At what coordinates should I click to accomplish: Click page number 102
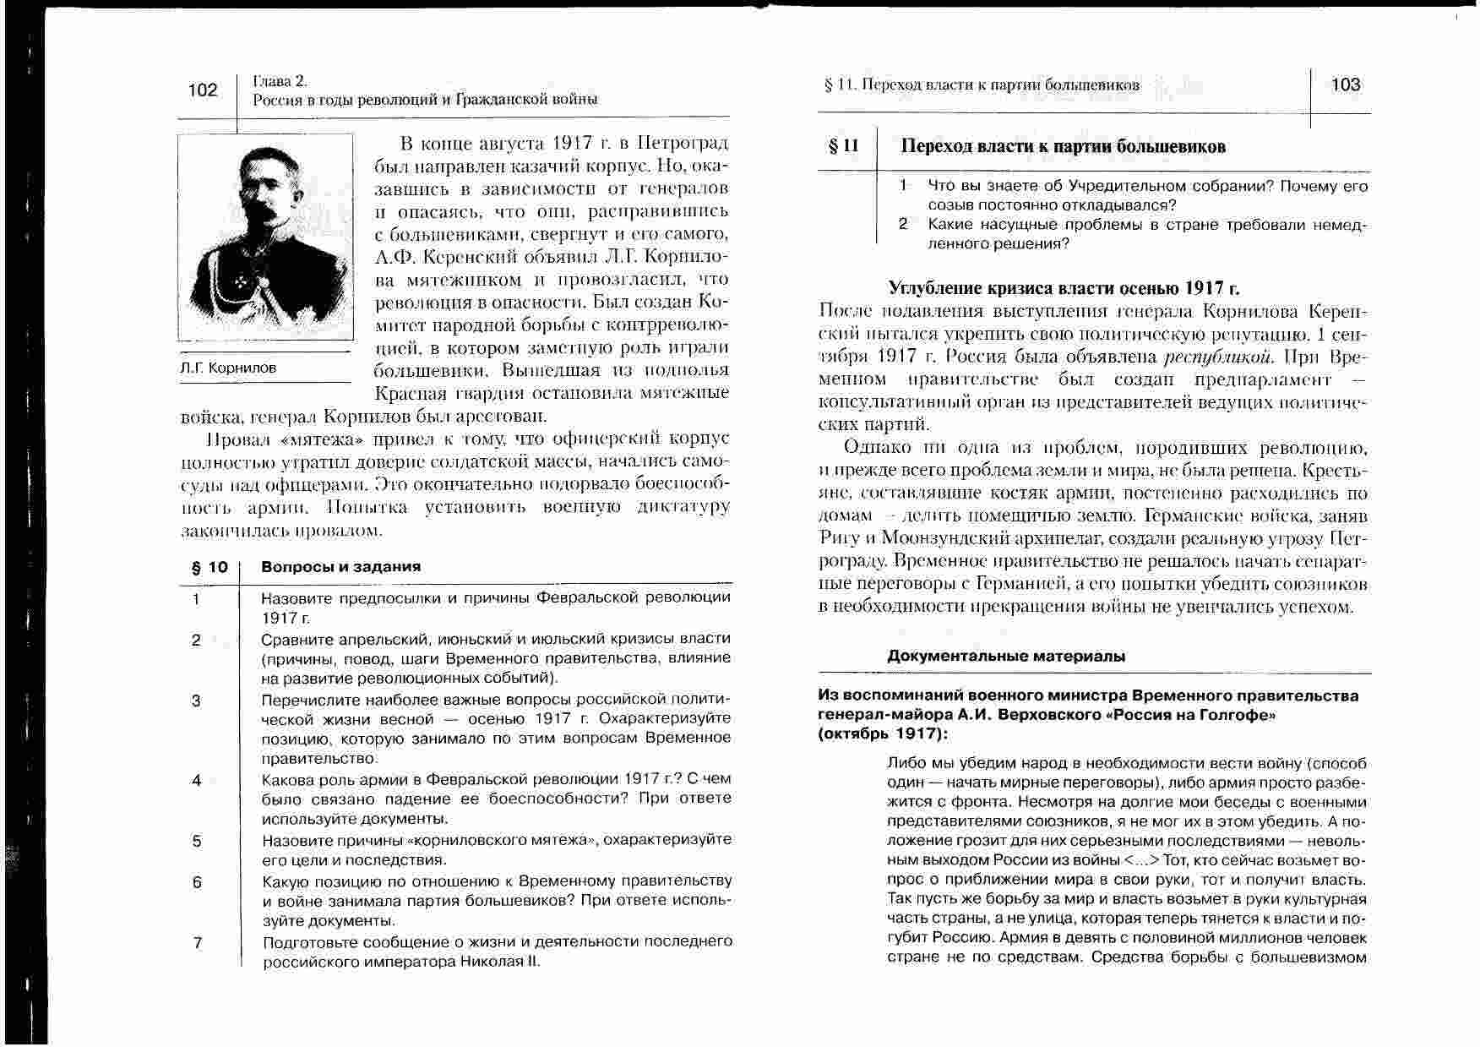click(x=203, y=90)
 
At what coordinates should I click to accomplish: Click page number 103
click(x=1346, y=85)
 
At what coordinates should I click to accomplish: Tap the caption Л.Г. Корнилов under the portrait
click(x=228, y=368)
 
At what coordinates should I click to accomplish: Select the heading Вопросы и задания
click(x=340, y=567)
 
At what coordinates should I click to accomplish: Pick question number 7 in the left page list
click(x=197, y=942)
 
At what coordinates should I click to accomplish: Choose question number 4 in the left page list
click(x=197, y=780)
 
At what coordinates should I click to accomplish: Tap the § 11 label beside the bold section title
click(x=842, y=146)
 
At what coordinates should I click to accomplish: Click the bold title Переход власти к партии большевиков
click(x=1063, y=146)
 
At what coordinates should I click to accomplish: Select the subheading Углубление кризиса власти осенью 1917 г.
click(x=1064, y=288)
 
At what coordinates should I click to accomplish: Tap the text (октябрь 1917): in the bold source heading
click(x=882, y=733)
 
